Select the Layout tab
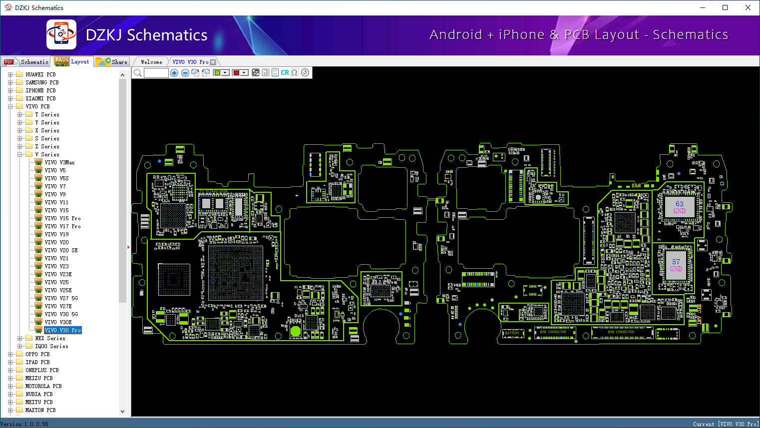73,61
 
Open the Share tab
113,62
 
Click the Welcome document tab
151,62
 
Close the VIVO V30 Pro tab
213,62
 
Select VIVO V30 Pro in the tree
62,330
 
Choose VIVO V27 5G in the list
61,298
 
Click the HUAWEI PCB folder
40,74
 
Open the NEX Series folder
50,338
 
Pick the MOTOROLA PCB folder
43,386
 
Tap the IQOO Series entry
51,346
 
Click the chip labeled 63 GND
679,207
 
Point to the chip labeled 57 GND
676,265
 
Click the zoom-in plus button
174,73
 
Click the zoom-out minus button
185,73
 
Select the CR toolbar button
285,73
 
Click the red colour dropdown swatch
240,73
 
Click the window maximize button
725,7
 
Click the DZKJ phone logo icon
61,34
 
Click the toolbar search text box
156,73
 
